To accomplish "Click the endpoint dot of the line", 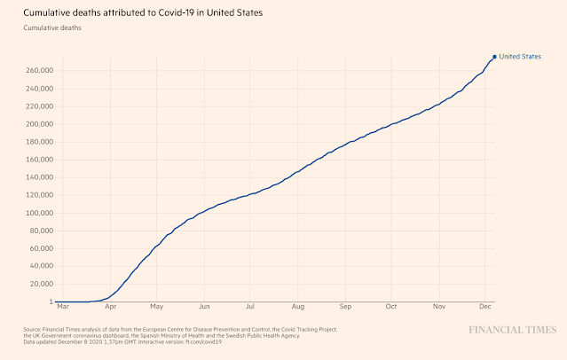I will (494, 57).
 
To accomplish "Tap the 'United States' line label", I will (520, 57).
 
